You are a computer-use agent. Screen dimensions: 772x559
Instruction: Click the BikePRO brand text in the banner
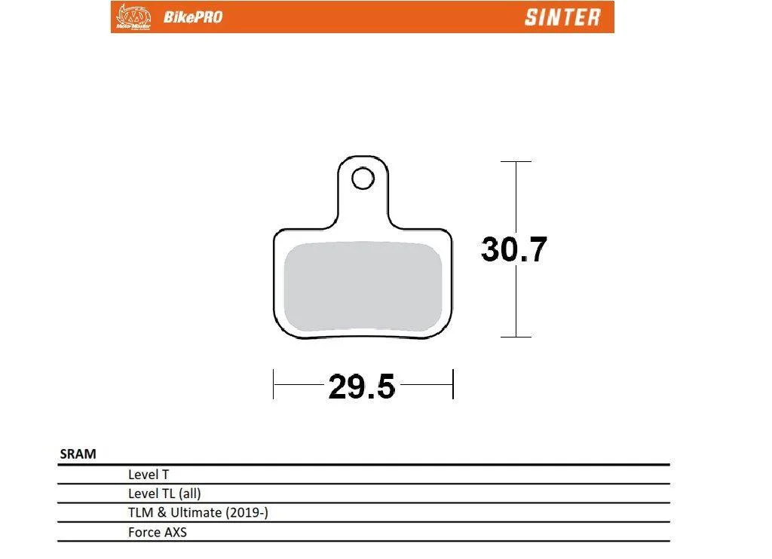193,17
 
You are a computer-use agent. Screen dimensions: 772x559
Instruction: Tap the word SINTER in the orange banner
562,17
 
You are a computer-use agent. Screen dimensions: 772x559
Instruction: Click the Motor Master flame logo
133,17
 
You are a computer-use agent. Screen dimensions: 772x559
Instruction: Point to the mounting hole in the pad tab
363,179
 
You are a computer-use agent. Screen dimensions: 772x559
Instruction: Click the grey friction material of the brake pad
363,286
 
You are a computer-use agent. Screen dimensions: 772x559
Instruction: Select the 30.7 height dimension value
514,249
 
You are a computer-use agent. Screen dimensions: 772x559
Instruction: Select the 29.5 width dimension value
362,386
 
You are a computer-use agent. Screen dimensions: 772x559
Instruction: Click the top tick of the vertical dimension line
516,161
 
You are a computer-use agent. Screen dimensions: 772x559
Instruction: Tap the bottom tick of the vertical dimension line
516,337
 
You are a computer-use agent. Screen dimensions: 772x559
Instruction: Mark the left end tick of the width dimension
273,384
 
